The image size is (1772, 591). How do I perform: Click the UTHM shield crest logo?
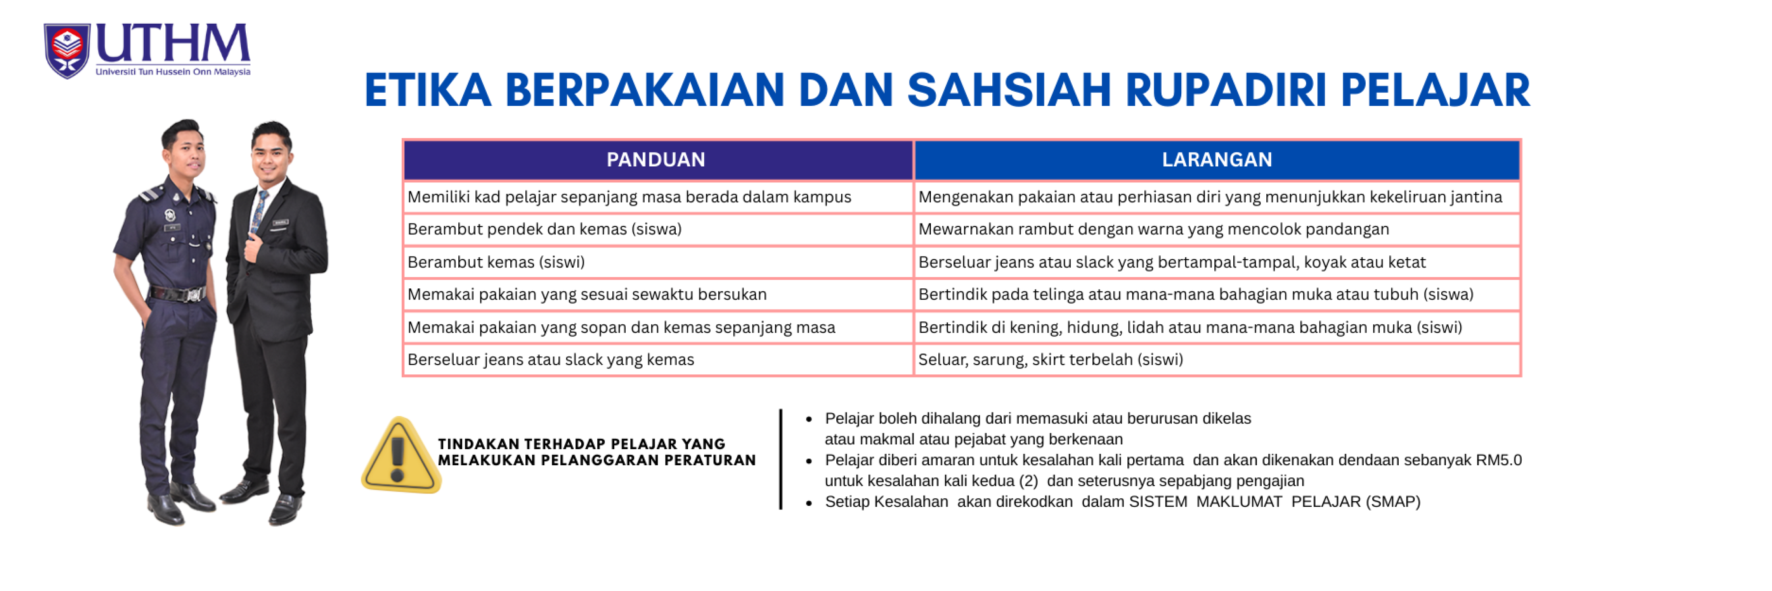pyautogui.click(x=67, y=51)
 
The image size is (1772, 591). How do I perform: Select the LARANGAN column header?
pyautogui.click(x=1216, y=160)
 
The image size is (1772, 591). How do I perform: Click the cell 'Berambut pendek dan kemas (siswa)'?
pyautogui.click(x=658, y=229)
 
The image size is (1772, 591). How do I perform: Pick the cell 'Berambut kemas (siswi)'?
pyautogui.click(x=658, y=262)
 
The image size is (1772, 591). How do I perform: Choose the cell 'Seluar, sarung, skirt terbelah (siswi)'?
pyautogui.click(x=1216, y=360)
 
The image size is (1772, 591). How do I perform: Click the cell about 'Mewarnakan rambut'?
pyautogui.click(x=1216, y=229)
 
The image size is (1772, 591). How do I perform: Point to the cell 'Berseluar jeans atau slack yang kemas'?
pyautogui.click(x=658, y=360)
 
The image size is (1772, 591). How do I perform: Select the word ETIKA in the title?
pyautogui.click(x=428, y=90)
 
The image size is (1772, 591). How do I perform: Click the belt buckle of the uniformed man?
pyautogui.click(x=193, y=294)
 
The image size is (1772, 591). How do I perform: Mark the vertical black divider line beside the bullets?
pyautogui.click(x=781, y=459)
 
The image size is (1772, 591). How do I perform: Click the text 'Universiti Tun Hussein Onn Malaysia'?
pyautogui.click(x=172, y=72)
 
